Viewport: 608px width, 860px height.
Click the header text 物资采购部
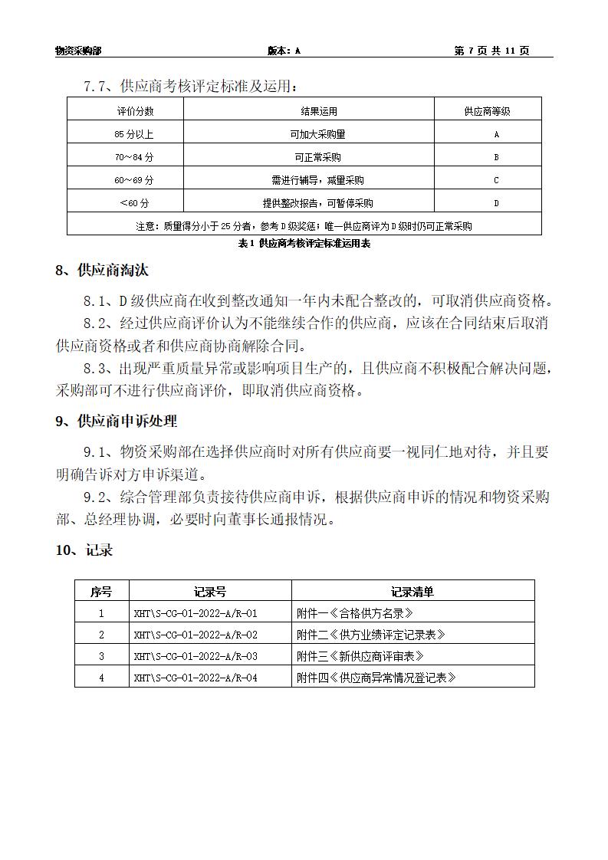tap(78, 51)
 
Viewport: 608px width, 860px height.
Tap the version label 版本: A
tap(284, 51)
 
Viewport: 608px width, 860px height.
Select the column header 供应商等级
tap(487, 111)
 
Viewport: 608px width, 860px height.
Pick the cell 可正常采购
tap(316, 157)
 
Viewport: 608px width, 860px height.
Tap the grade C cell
tap(496, 180)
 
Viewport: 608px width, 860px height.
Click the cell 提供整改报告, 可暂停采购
tap(317, 203)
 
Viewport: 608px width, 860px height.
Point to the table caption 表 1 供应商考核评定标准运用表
tap(304, 243)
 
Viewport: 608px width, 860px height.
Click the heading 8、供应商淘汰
tap(102, 271)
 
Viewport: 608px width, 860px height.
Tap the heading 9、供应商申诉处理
tap(117, 421)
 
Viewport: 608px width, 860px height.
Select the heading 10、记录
tap(84, 550)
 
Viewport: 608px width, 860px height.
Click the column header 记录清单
tap(412, 591)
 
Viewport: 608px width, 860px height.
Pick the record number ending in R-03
tap(196, 656)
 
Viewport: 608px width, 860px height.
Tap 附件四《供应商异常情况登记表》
tap(376, 678)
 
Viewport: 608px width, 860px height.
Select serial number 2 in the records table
tap(101, 635)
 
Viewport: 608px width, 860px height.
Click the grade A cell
tap(496, 134)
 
